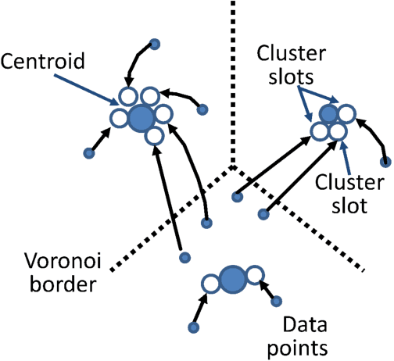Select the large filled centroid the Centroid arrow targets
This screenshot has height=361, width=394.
(x=141, y=118)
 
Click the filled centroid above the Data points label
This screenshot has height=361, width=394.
(x=232, y=279)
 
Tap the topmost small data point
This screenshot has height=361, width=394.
(x=155, y=44)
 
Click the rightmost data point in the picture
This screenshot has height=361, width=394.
(x=385, y=163)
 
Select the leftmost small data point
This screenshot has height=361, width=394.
(x=87, y=155)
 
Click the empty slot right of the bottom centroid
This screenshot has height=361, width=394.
(x=255, y=274)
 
